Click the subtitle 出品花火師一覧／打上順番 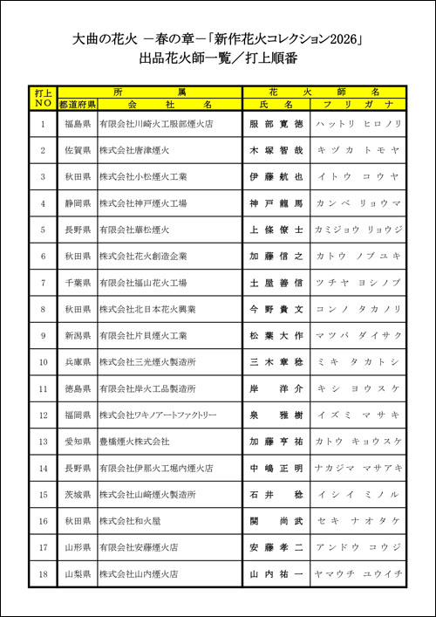pyautogui.click(x=218, y=60)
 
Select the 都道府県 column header pyautogui.click(x=77, y=104)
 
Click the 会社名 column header pyautogui.click(x=169, y=104)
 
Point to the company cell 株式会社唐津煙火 pyautogui.click(x=140, y=151)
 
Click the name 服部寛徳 pyautogui.click(x=276, y=125)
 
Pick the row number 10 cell pyautogui.click(x=43, y=362)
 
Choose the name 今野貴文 pyautogui.click(x=276, y=309)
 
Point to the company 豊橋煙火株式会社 pyautogui.click(x=134, y=442)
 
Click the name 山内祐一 pyautogui.click(x=276, y=573)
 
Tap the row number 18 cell pyautogui.click(x=43, y=573)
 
